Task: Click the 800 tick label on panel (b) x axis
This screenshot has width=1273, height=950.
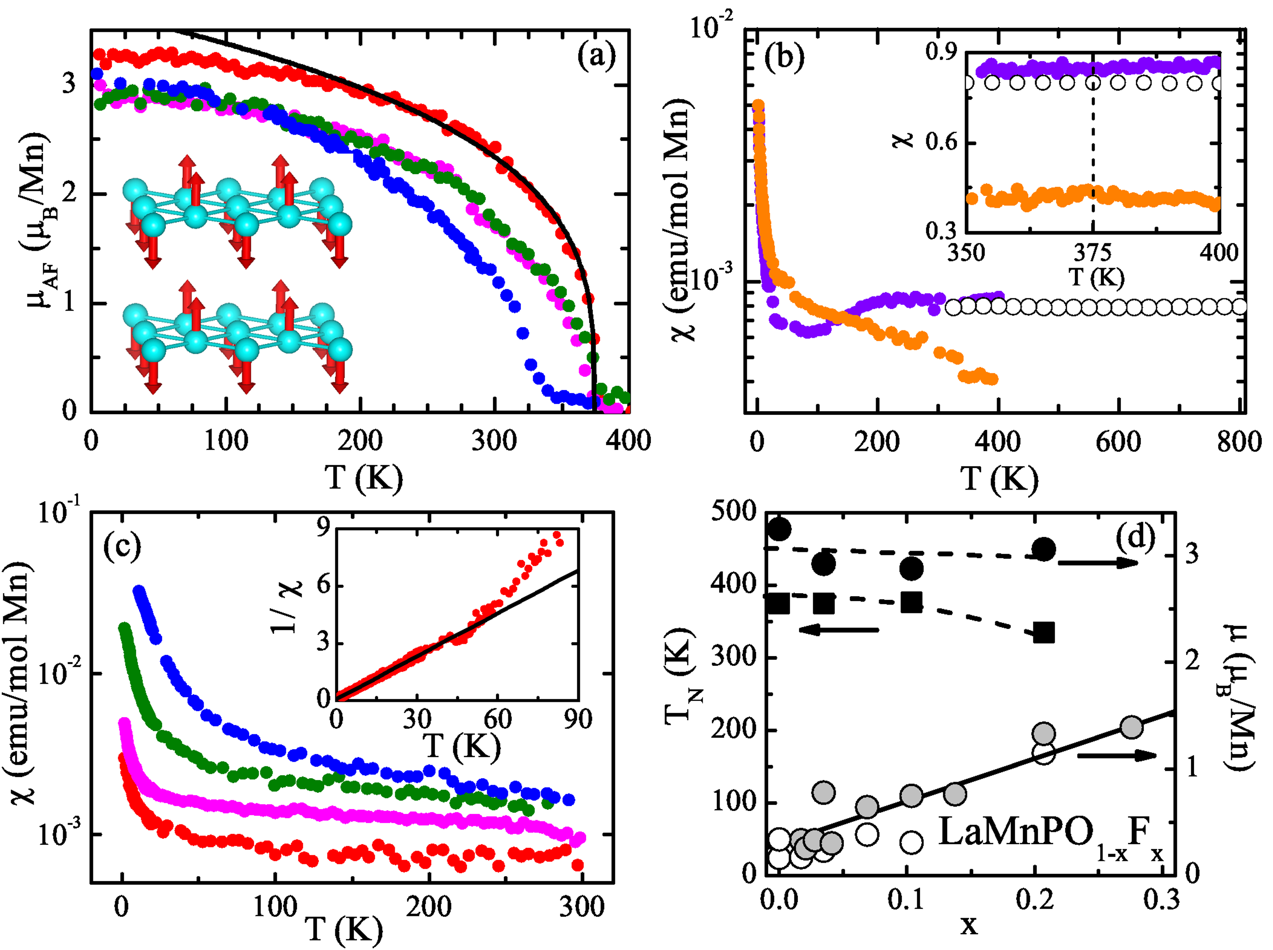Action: (x=1238, y=442)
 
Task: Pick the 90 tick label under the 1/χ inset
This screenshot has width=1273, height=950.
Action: (x=577, y=719)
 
